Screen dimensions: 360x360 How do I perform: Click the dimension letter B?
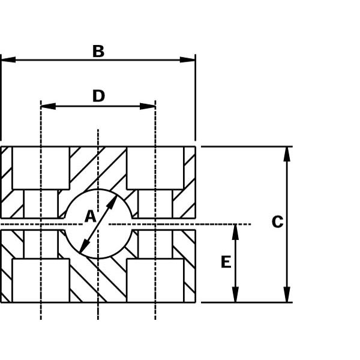[x=98, y=51]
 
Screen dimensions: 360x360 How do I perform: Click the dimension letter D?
[x=98, y=96]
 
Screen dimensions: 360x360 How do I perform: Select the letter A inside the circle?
[x=90, y=216]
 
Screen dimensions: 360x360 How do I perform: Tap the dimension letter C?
[x=277, y=222]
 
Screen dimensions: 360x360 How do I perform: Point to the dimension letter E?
[x=226, y=262]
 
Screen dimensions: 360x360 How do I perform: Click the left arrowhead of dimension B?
[x=8, y=59]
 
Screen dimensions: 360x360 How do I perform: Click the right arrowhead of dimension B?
[x=187, y=59]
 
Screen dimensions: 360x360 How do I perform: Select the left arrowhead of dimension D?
[x=48, y=106]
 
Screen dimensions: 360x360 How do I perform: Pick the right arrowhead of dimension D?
[x=148, y=106]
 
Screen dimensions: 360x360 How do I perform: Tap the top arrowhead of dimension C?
[x=287, y=154]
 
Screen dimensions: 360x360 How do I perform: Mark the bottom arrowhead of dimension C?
[x=287, y=295]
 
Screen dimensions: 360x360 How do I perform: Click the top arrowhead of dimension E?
[x=235, y=232]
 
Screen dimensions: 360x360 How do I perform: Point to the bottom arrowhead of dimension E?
[x=235, y=295]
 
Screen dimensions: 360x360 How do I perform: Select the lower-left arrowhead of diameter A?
[x=84, y=246]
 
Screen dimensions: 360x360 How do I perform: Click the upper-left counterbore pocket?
[x=41, y=168]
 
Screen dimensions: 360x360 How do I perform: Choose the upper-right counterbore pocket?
[x=155, y=168]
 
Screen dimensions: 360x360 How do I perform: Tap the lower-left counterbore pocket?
[x=41, y=280]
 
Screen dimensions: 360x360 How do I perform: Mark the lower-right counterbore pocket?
[x=155, y=280]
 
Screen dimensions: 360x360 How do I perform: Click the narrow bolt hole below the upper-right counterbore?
[x=155, y=204]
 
